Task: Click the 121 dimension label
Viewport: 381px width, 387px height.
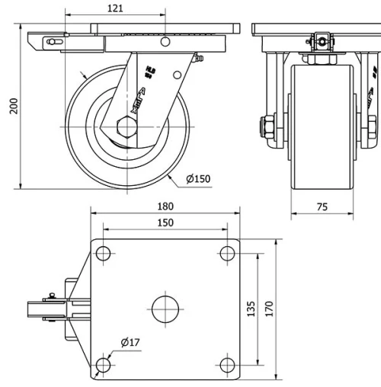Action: (115, 8)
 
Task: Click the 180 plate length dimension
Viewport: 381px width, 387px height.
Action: (165, 206)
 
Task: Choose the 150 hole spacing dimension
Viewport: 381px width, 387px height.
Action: (165, 222)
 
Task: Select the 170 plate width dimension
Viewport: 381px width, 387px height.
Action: (269, 309)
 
